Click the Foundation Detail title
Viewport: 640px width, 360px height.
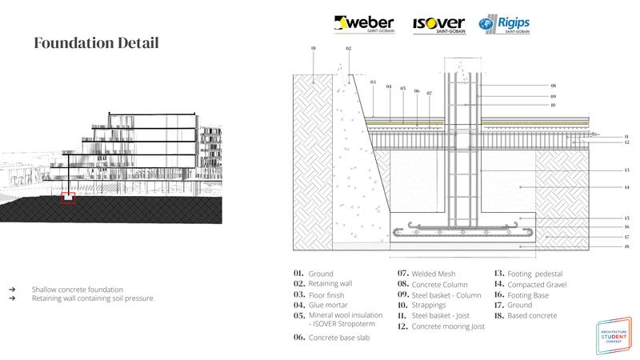pyautogui.click(x=96, y=43)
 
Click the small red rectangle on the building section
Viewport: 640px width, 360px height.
pyautogui.click(x=68, y=197)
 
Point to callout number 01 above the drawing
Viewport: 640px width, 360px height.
pyautogui.click(x=313, y=49)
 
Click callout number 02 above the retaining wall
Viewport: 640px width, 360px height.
pyautogui.click(x=349, y=49)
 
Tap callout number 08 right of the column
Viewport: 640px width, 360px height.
pyautogui.click(x=553, y=86)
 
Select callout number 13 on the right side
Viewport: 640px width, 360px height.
pyautogui.click(x=627, y=170)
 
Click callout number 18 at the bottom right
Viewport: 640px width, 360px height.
pyautogui.click(x=627, y=247)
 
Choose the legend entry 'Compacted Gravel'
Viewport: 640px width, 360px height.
pyautogui.click(x=529, y=283)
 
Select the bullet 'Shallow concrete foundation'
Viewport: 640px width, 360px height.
pyautogui.click(x=78, y=289)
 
